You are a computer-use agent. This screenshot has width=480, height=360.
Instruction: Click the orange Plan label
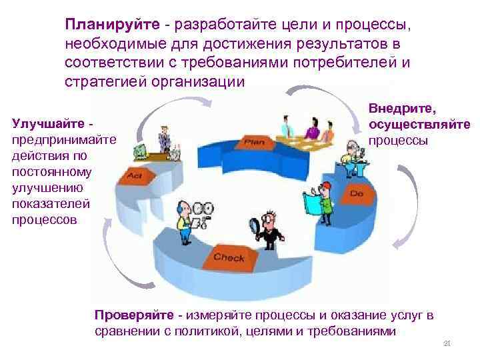tap(255, 142)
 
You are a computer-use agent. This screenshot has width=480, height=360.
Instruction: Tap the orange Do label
tap(356, 193)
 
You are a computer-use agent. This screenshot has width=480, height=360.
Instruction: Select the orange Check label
tap(229, 257)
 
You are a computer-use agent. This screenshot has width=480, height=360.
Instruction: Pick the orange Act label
tap(134, 177)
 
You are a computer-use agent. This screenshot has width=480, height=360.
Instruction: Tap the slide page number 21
tap(447, 343)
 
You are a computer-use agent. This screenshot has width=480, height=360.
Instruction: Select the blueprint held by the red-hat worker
tap(311, 201)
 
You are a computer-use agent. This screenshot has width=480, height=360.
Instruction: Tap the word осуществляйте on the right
tap(419, 125)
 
